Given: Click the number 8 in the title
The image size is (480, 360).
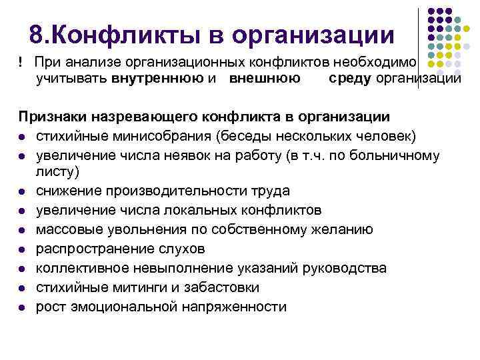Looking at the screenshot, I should tap(38, 34).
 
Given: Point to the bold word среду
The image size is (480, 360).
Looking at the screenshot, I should tap(351, 79).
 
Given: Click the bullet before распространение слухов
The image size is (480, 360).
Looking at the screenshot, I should tap(22, 249).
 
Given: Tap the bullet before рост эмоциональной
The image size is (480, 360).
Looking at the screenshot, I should tap(22, 307).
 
